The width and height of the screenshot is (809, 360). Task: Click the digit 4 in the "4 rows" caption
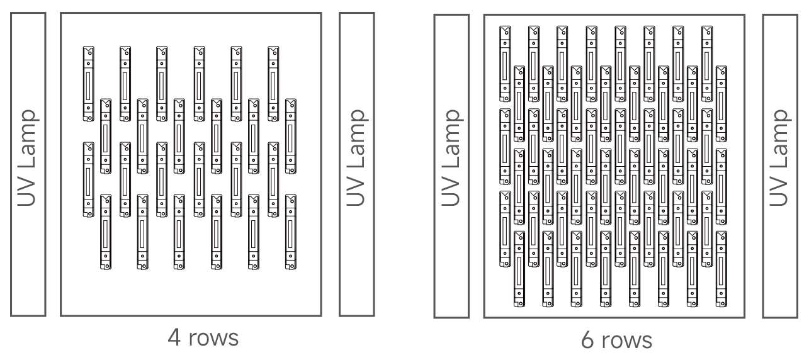click(x=174, y=338)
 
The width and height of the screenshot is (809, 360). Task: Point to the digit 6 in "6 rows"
click(x=588, y=340)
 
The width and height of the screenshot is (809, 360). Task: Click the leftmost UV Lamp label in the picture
click(x=28, y=164)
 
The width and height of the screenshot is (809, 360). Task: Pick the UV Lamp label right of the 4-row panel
click(x=356, y=164)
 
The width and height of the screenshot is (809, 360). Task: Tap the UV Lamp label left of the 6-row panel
click(x=451, y=165)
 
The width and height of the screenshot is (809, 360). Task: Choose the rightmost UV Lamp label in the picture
click(x=779, y=165)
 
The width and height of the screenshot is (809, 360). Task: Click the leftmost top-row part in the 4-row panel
click(x=88, y=83)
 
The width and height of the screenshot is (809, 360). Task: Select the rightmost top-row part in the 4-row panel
click(x=273, y=83)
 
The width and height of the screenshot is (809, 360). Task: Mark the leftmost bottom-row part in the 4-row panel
click(x=106, y=232)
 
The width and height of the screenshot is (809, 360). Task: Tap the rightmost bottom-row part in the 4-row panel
click(x=290, y=232)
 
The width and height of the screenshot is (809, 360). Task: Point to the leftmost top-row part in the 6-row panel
click(x=504, y=63)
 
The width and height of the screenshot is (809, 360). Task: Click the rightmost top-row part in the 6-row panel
click(x=706, y=63)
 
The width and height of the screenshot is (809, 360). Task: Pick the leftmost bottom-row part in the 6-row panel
click(x=519, y=269)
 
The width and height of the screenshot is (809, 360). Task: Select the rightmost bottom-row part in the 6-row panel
click(x=721, y=269)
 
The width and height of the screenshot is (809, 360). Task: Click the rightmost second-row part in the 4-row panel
click(x=290, y=135)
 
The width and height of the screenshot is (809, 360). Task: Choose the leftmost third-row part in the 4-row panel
click(x=88, y=179)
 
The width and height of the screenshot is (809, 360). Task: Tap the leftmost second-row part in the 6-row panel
click(x=519, y=103)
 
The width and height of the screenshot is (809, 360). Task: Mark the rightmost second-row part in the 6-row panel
click(x=721, y=103)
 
